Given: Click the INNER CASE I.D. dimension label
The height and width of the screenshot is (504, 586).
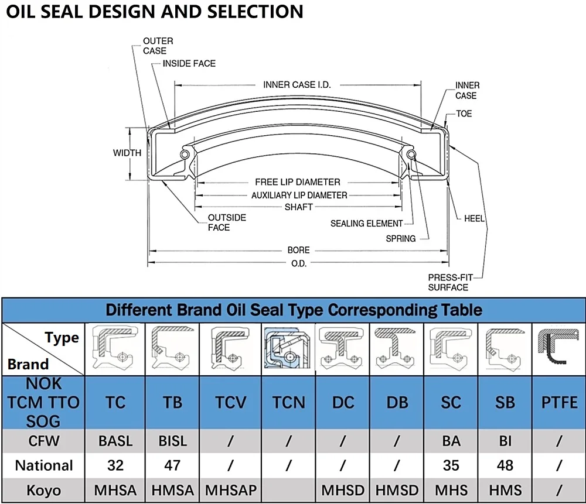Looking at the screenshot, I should pos(297,85).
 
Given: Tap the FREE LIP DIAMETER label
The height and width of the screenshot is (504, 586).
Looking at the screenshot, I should pos(297,182).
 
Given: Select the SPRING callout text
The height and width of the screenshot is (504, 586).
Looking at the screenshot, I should pos(401,239).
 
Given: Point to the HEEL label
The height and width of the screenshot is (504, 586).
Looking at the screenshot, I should pos(474,218).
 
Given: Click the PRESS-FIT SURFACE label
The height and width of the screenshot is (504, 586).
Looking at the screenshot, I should pos(448,282).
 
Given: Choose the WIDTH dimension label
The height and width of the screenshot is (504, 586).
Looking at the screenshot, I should pos(127,153).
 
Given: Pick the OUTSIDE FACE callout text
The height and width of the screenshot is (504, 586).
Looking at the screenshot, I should pos(227,222).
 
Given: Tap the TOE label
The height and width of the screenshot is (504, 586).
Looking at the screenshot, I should pos(464,114).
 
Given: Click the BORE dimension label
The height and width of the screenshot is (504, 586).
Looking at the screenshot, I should pos(298,250).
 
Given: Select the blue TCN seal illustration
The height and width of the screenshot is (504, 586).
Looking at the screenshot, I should pos(288,349).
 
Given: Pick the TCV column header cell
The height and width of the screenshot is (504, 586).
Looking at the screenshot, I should pos(230,403).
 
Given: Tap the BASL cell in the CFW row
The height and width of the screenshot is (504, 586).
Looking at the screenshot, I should pos(116,441).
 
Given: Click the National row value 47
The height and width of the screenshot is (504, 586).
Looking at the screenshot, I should pos(172,466).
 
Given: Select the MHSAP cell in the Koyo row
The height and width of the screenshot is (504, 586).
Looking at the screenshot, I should pos(230,490).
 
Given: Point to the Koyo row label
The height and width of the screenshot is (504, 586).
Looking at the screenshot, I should pos(43,490).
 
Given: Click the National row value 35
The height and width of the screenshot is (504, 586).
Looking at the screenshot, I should pos(451,466).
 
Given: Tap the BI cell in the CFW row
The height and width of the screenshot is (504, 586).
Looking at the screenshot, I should pos(505,441).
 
